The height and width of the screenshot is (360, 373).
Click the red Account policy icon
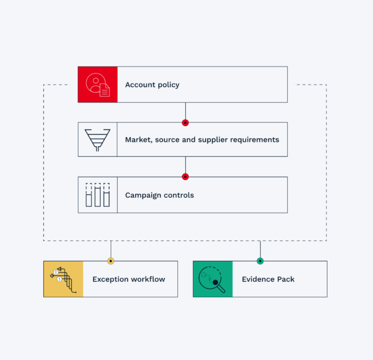(x=97, y=85)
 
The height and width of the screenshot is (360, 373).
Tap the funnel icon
(x=97, y=140)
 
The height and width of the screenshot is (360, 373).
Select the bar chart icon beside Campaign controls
(x=97, y=195)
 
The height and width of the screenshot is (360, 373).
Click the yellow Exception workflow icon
(x=64, y=279)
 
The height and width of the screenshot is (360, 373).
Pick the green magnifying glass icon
(x=213, y=279)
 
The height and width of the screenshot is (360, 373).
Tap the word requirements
(x=255, y=140)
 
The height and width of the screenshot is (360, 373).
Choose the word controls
(x=179, y=195)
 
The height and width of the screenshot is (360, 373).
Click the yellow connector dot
(x=111, y=261)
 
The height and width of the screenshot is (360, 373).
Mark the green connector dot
(x=261, y=261)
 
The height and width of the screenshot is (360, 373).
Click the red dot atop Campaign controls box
(x=185, y=177)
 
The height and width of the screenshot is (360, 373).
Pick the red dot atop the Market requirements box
(x=185, y=123)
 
